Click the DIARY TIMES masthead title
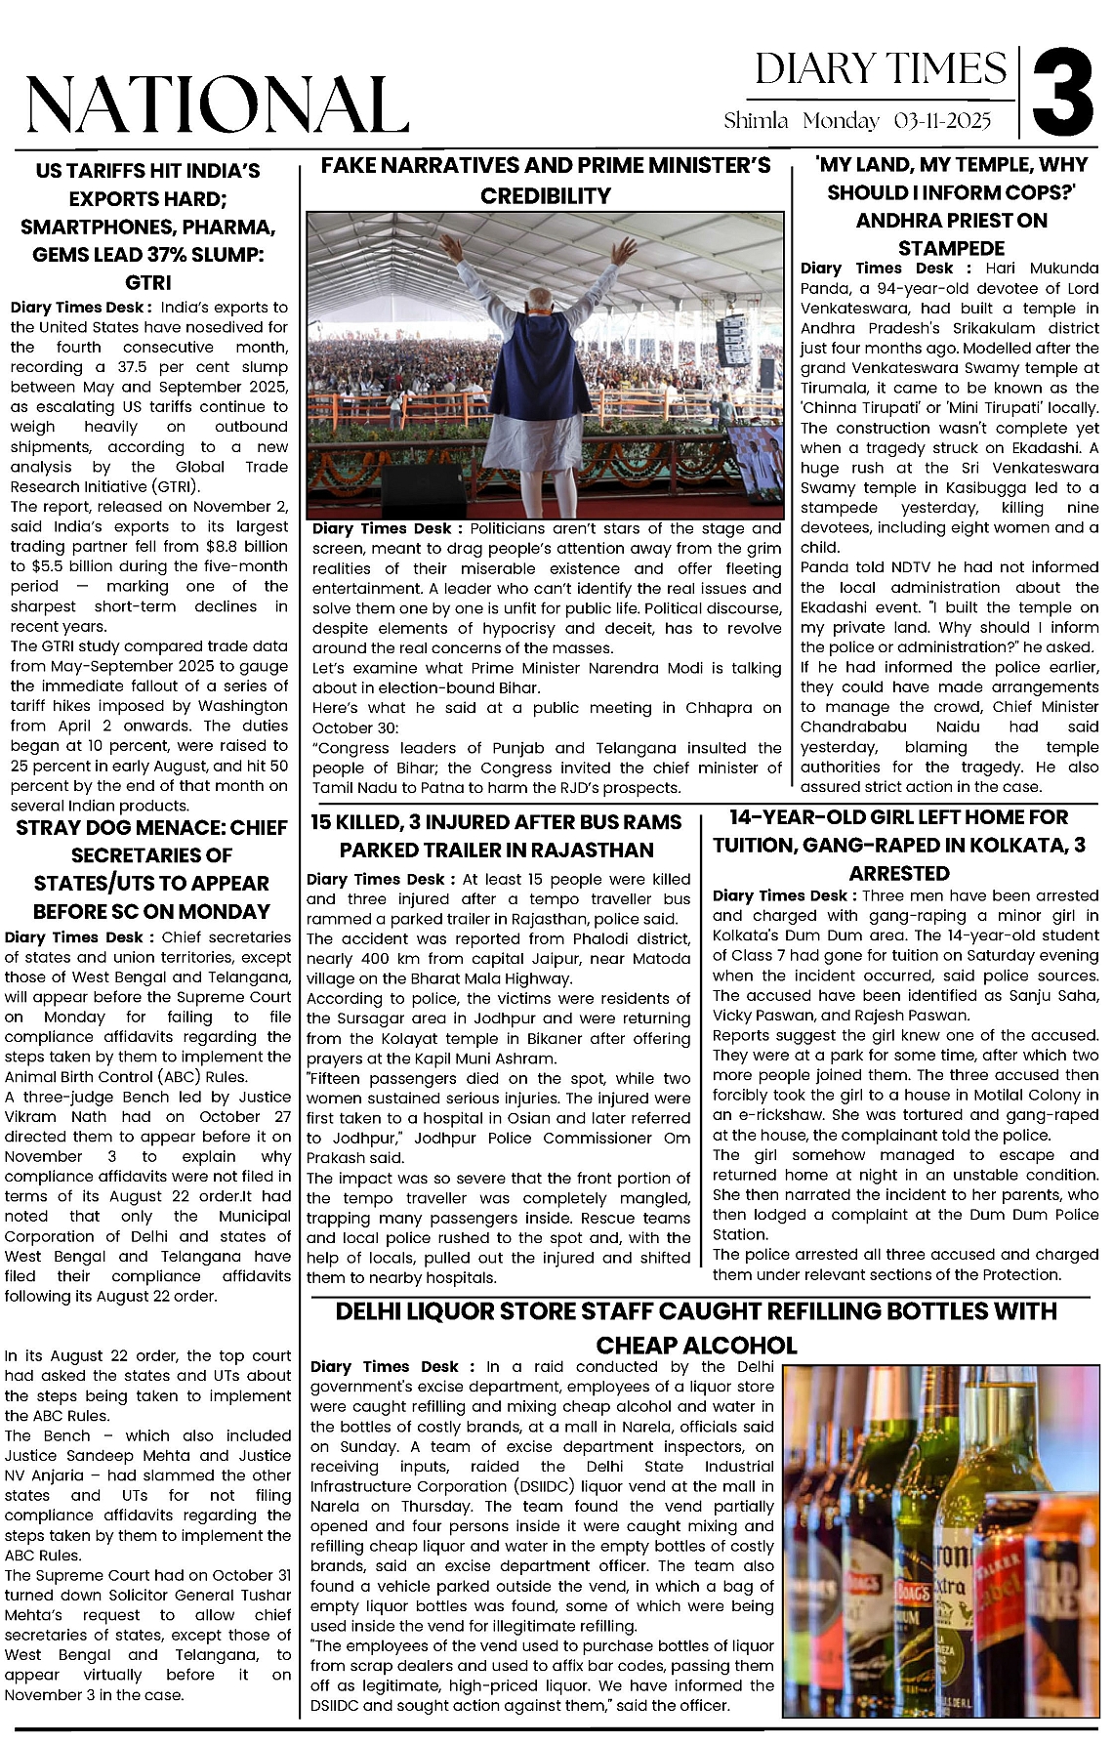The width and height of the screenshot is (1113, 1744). (881, 69)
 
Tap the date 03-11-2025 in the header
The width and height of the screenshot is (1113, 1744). (942, 121)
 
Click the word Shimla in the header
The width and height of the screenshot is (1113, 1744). (756, 121)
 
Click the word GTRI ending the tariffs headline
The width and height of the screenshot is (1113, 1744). (148, 282)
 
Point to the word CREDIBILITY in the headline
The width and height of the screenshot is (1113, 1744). (546, 195)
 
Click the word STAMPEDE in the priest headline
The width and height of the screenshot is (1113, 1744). (951, 247)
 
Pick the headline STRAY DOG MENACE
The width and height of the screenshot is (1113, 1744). (151, 828)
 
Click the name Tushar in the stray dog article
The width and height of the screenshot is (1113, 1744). (267, 1595)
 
